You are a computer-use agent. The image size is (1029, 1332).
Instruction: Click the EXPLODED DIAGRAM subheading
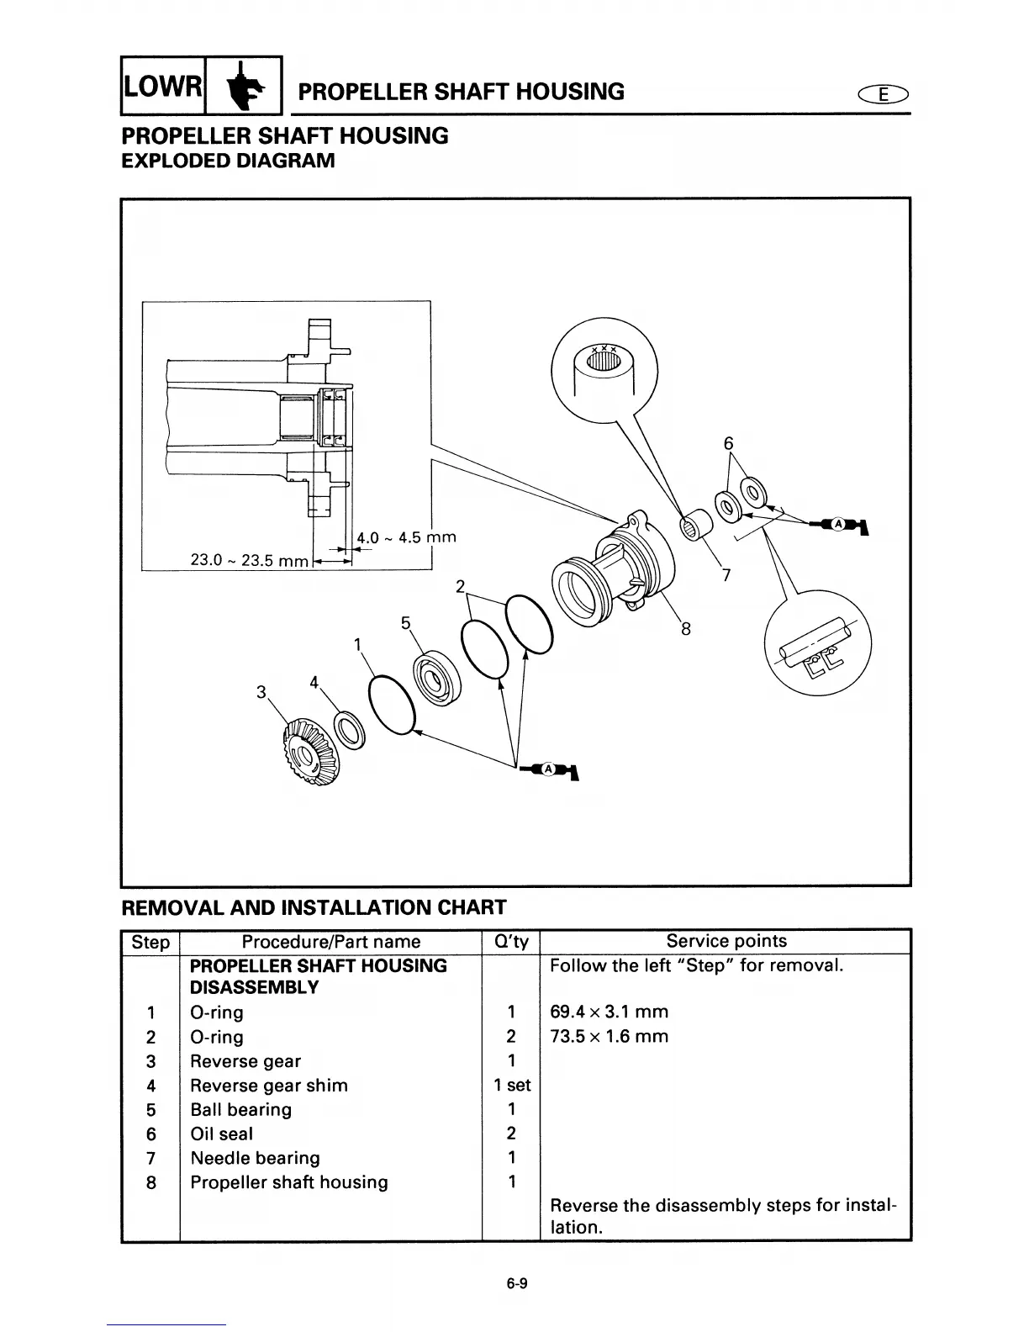(228, 161)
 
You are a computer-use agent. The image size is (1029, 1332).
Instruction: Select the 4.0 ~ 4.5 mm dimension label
(406, 537)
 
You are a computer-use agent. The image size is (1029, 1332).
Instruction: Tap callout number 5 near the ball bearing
(405, 623)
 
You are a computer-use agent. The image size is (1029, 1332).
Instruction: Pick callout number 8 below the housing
(685, 628)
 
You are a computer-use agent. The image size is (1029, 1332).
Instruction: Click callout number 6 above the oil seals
(728, 443)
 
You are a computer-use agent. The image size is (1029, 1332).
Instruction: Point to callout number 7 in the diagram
(726, 576)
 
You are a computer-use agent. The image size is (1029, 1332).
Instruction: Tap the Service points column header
(726, 942)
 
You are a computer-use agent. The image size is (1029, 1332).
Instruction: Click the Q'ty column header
(510, 942)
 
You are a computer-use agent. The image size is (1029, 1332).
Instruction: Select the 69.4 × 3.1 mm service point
(609, 1012)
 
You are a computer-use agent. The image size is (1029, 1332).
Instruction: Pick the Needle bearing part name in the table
(255, 1158)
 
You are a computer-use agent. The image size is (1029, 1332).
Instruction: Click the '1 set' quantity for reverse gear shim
(511, 1086)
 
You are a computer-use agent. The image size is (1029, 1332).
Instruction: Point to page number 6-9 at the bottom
(515, 1283)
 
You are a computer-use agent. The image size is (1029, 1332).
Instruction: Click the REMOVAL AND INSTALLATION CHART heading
(314, 907)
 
